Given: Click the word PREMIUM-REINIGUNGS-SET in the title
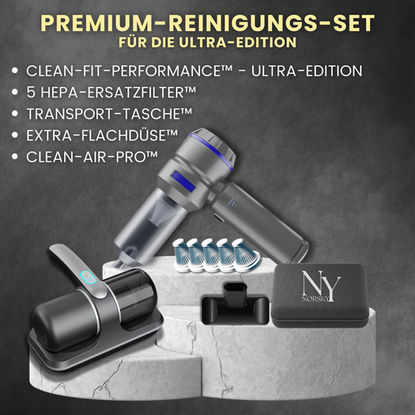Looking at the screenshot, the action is pos(207,23).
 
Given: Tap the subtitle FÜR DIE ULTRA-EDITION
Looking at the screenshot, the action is pos(207,42).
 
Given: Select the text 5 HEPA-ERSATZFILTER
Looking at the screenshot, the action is pos(111,92).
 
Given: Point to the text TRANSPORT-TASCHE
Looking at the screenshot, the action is pos(109,114).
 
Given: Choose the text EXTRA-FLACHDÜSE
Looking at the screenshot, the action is pos(102,135).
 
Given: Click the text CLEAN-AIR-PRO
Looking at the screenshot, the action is pos(92,157).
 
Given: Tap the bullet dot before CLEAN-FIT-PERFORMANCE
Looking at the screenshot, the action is pos(15,71).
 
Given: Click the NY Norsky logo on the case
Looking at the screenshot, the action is pos(321,287).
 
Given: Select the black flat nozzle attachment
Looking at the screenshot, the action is pos(235,304).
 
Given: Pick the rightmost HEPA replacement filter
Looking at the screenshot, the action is pos(246,255).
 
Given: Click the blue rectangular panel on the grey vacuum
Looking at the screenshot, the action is pos(183,181).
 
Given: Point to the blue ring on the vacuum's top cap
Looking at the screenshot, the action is pos(212,150).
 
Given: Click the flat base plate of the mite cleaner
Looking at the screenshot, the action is pos(95,342).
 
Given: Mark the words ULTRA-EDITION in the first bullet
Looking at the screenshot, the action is pos(307,71).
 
